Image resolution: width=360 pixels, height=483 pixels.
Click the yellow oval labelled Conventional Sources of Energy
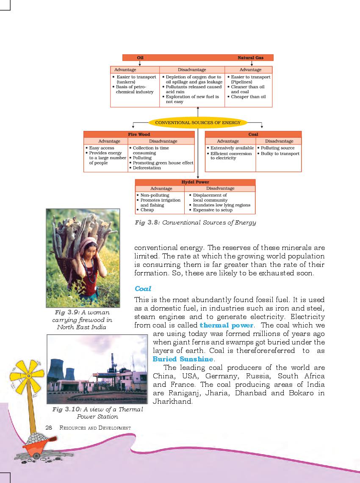pyautogui.click(x=198, y=122)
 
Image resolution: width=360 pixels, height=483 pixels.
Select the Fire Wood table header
pyautogui.click(x=139, y=134)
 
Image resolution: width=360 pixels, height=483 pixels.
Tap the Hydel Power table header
pyautogui.click(x=195, y=182)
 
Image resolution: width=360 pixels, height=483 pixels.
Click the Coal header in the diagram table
pyautogui.click(x=253, y=134)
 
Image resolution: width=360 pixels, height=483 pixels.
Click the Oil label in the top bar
pyautogui.click(x=140, y=58)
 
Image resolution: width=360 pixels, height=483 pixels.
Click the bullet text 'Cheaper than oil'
pyautogui.click(x=248, y=97)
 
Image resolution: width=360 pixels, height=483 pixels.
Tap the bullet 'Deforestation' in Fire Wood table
pyautogui.click(x=147, y=168)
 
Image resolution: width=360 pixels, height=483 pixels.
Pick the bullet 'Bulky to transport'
pyautogui.click(x=280, y=153)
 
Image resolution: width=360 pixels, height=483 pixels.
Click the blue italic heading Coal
pyautogui.click(x=143, y=289)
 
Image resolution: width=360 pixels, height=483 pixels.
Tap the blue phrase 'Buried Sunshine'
pyautogui.click(x=183, y=359)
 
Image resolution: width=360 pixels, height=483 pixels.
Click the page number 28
pyautogui.click(x=48, y=427)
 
